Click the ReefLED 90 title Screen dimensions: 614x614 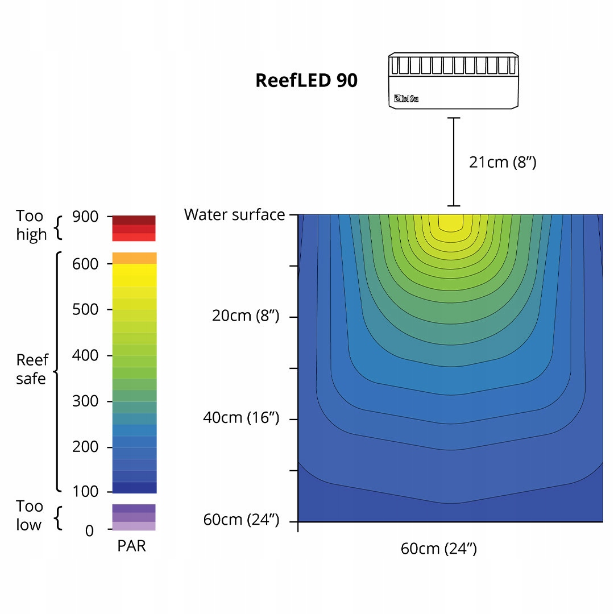pos(306,80)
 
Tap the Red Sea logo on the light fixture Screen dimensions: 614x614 pos(406,98)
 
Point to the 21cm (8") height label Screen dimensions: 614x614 pos(503,161)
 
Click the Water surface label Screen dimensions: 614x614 pos(235,214)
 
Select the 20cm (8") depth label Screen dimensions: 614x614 pos(246,315)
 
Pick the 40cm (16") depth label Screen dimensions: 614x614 pos(241,417)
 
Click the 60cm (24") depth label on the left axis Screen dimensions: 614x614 pos(241,520)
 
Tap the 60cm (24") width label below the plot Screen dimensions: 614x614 pos(438,549)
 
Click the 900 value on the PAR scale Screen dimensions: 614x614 pos(85,217)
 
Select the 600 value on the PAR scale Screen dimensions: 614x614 pos(85,264)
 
